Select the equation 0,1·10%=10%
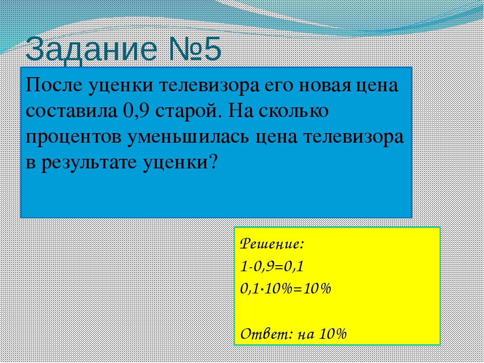(285, 289)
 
